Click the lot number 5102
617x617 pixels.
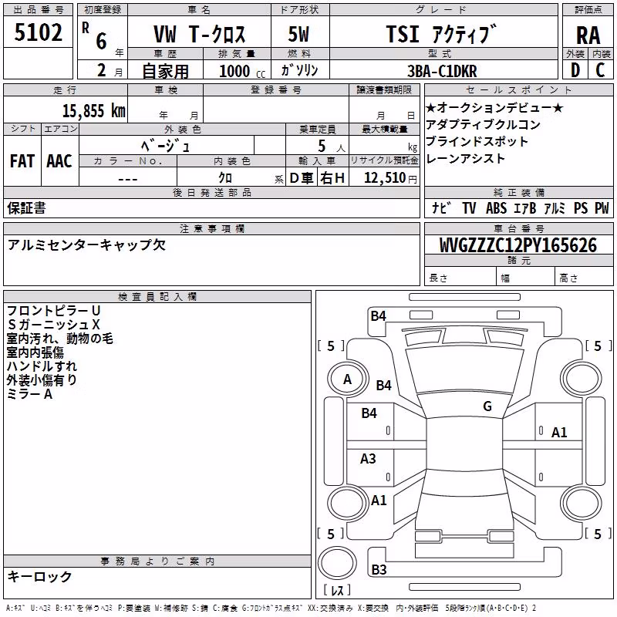click(x=38, y=32)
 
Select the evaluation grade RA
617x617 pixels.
click(x=588, y=35)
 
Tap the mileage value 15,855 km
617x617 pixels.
click(x=93, y=111)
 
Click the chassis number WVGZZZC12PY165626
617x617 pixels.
click(x=518, y=245)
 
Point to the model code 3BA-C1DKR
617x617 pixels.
click(x=442, y=71)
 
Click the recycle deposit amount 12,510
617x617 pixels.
click(x=385, y=178)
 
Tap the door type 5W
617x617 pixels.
click(x=298, y=34)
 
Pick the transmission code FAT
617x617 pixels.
click(x=22, y=161)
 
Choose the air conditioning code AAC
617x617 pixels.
click(x=59, y=161)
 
